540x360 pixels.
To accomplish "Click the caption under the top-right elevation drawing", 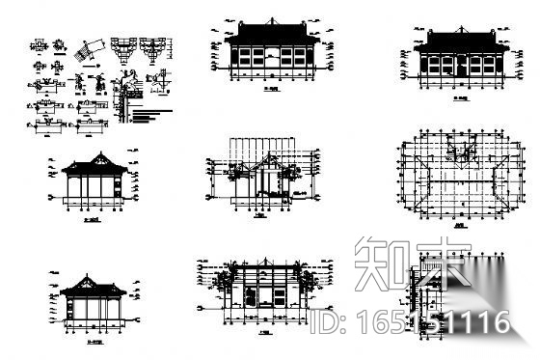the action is [x=462, y=97].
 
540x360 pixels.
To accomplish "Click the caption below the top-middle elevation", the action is [x=270, y=97].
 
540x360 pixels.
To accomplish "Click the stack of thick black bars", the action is [x=141, y=117].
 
